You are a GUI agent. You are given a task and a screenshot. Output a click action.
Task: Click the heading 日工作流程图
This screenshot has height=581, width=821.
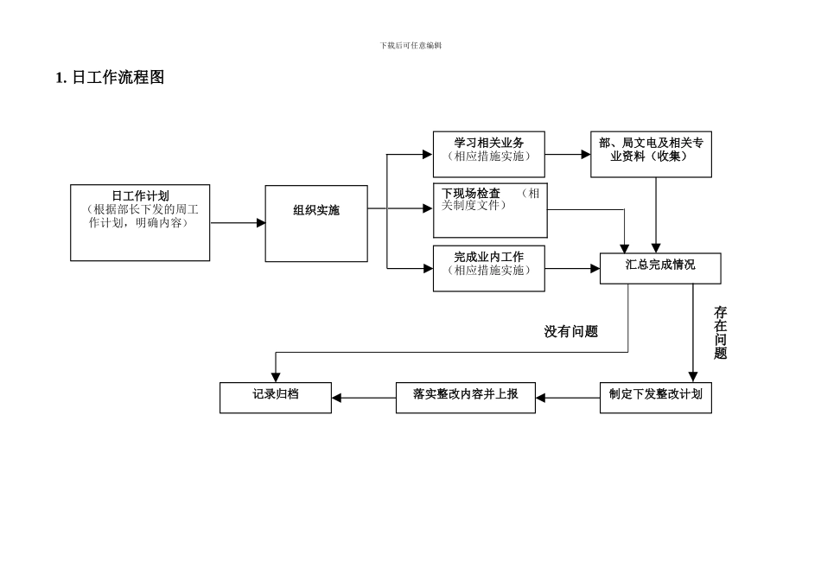110,78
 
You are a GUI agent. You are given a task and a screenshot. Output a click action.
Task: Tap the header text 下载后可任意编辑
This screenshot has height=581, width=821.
410,45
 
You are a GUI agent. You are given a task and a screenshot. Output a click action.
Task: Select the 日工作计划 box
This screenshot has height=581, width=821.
140,222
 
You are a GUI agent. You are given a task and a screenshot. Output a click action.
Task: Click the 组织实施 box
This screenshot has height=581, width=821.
316,223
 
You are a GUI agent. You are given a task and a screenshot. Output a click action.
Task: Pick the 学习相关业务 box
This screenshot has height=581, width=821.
489,155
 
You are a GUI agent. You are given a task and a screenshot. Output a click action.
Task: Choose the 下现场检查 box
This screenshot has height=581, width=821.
490,209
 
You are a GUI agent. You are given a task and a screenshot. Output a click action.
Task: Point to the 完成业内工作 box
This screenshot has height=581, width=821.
489,268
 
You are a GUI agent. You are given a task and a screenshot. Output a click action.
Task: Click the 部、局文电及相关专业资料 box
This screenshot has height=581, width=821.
651,155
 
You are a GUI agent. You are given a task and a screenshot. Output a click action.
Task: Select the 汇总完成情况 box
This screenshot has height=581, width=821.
660,268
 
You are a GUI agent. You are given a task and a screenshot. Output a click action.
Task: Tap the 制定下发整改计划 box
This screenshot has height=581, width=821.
655,397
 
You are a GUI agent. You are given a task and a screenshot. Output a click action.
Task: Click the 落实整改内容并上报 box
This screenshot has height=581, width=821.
466,397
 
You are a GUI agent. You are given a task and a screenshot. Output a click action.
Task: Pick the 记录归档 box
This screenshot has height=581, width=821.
276,397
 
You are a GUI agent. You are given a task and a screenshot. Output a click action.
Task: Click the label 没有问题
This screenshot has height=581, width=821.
570,331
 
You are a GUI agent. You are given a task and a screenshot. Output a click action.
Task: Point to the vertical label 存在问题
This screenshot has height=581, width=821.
720,333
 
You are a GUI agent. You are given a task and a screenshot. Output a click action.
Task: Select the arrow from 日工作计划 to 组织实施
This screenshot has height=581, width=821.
238,223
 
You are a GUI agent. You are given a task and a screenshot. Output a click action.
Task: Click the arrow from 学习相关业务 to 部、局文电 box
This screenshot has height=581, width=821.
568,155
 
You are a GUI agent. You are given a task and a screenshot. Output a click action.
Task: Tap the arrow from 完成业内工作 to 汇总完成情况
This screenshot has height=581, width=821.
573,268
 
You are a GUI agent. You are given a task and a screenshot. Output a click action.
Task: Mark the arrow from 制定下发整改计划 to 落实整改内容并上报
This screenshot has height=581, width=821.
567,398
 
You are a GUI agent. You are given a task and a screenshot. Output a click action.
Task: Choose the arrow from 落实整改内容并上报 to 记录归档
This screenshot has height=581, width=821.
364,398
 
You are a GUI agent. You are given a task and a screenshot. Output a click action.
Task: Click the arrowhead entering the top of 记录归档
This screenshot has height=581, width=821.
276,377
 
